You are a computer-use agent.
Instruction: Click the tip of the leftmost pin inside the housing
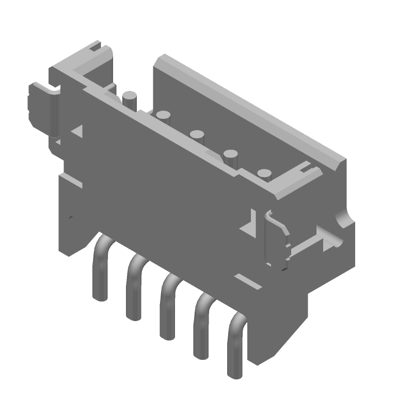(x=130, y=96)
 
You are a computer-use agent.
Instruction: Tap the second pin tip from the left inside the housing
(x=164, y=114)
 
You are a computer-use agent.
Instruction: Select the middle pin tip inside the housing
(x=197, y=135)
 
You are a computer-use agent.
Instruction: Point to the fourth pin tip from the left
(x=230, y=153)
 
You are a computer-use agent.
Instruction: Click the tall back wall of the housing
(x=248, y=108)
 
